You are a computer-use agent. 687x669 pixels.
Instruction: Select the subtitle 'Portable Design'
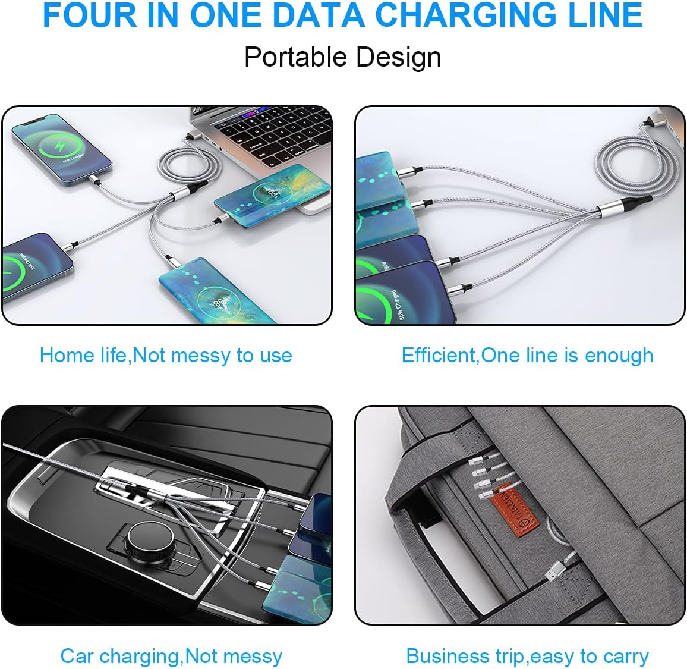pyautogui.click(x=343, y=57)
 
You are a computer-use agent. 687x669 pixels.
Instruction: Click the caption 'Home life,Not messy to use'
pyautogui.click(x=166, y=356)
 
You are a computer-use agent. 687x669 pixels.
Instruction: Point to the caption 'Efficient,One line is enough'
pyautogui.click(x=527, y=356)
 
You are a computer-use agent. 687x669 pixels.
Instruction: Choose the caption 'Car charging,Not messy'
pyautogui.click(x=171, y=656)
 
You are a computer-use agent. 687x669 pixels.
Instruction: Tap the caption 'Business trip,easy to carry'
pyautogui.click(x=527, y=656)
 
